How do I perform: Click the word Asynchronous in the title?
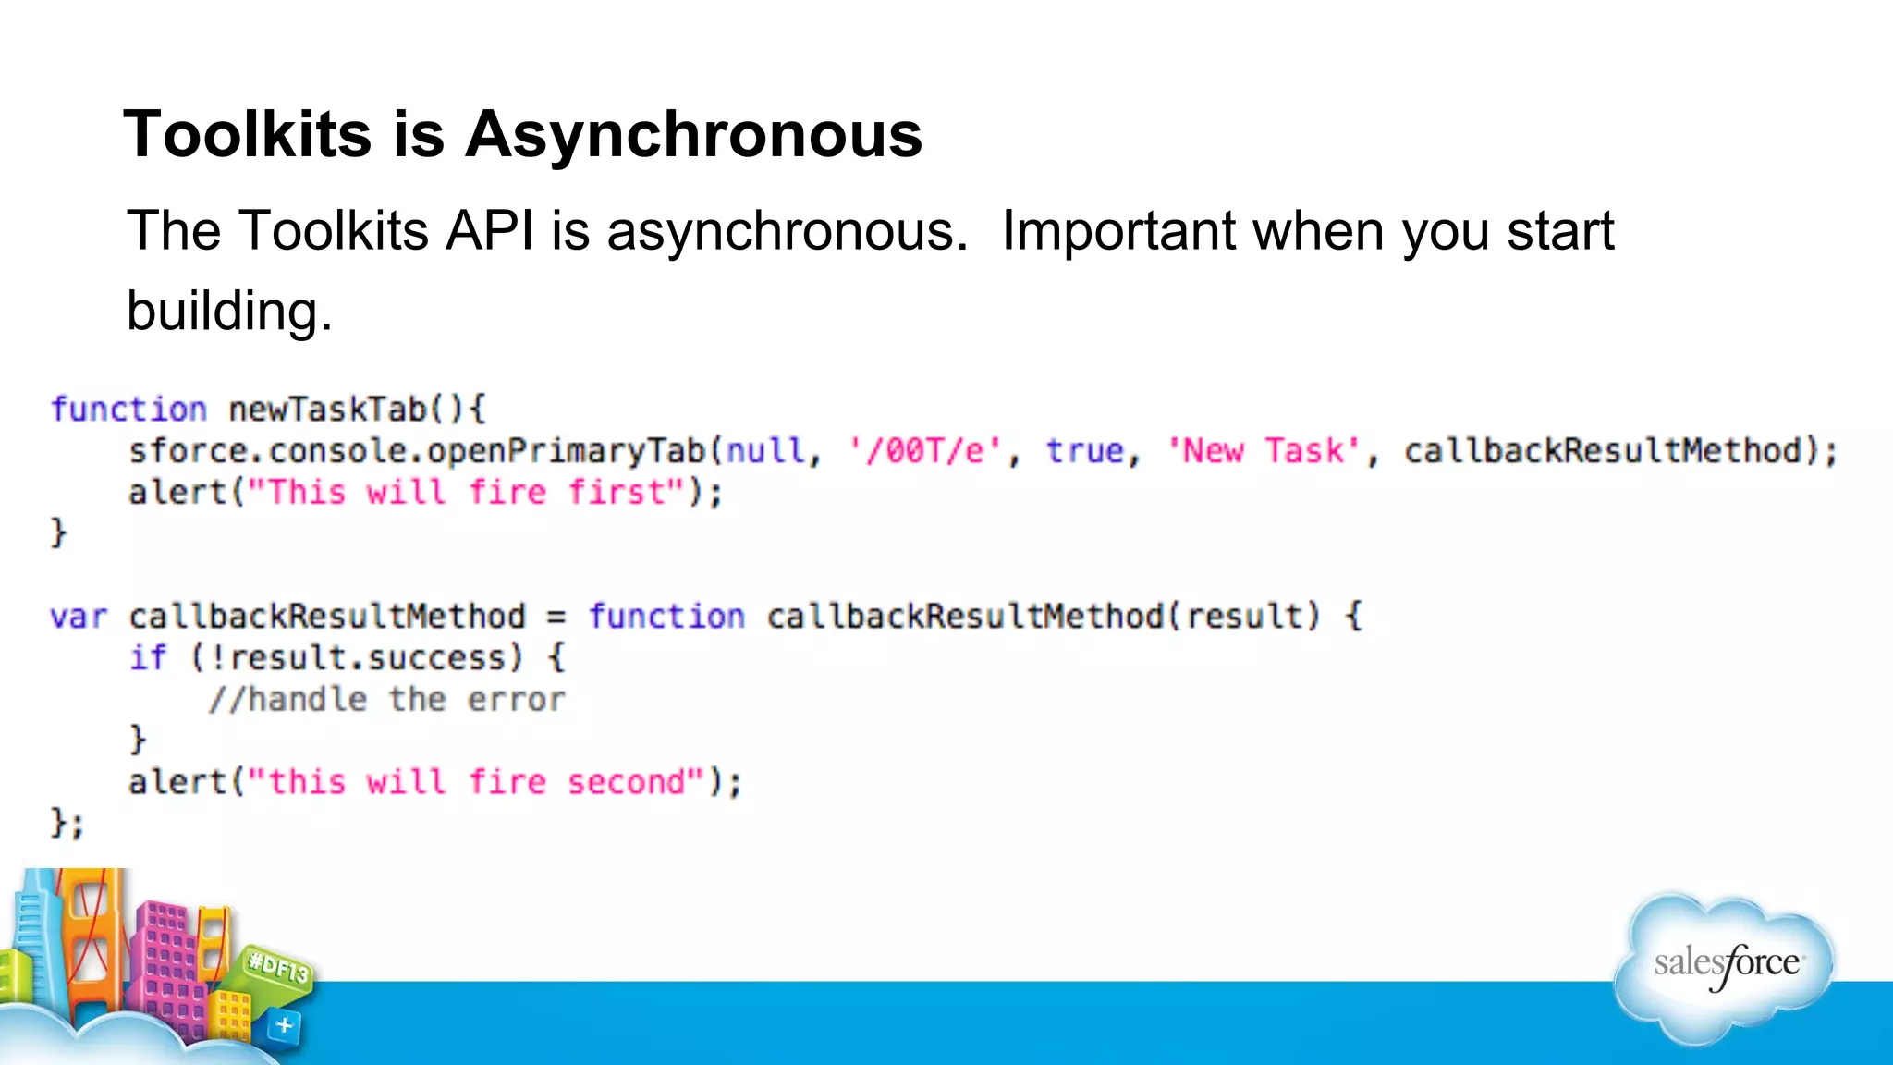pos(693,135)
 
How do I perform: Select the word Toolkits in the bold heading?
pos(248,135)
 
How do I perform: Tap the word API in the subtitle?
pos(490,230)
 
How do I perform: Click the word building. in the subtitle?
pos(229,311)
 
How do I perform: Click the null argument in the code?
pos(764,451)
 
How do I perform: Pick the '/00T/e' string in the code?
pos(925,451)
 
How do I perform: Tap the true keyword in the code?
pos(1085,451)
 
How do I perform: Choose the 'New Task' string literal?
pos(1263,451)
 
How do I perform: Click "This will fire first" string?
pos(467,492)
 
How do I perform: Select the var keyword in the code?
pos(79,617)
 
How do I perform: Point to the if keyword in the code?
pos(148,658)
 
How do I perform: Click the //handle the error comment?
pos(386,700)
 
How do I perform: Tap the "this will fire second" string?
pos(477,782)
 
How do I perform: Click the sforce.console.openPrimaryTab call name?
pos(417,451)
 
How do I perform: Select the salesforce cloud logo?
pos(1725,966)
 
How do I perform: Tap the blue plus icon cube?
pos(284,1025)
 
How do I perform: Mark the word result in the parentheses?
pos(1244,617)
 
